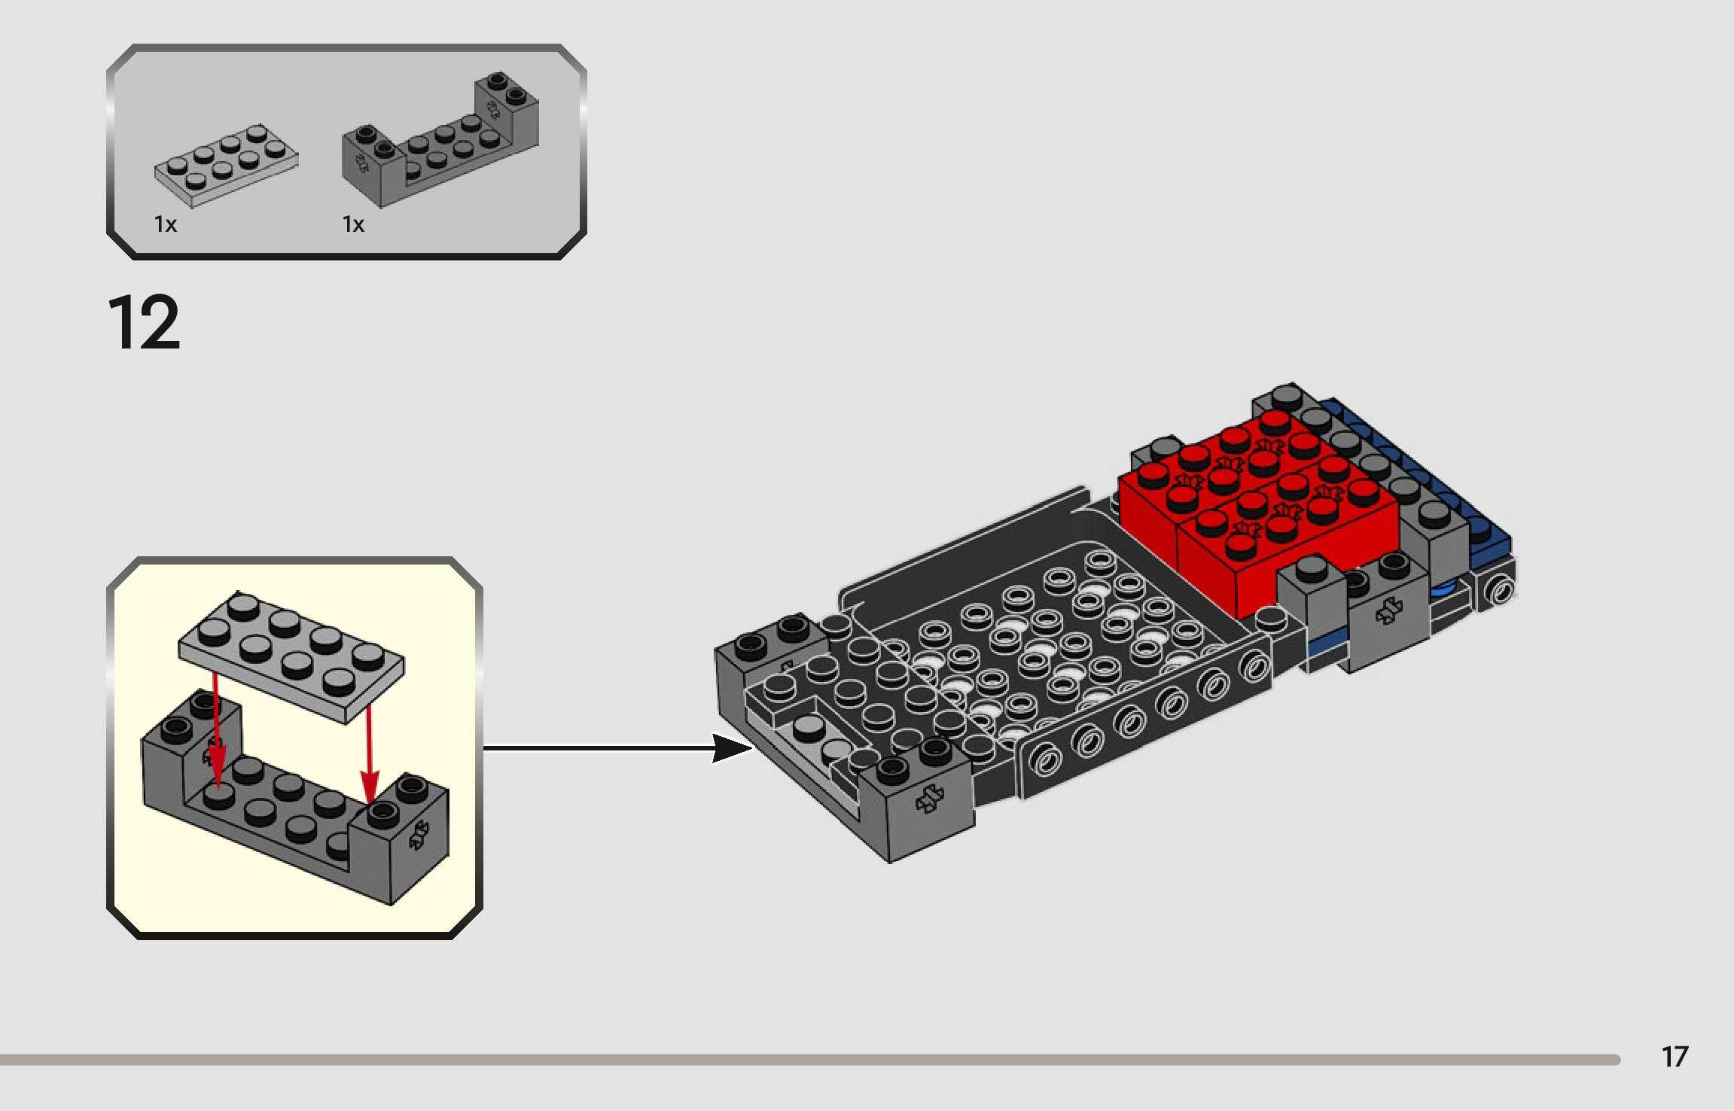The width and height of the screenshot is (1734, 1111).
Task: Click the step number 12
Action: (x=144, y=323)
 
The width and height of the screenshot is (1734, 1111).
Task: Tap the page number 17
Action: (x=1675, y=1057)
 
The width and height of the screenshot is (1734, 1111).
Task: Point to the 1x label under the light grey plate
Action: (x=166, y=224)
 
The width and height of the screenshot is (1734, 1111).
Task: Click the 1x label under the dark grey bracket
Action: (x=353, y=224)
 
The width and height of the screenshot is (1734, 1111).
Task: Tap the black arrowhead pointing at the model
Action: (x=732, y=748)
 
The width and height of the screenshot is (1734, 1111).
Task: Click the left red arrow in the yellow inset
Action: (x=216, y=730)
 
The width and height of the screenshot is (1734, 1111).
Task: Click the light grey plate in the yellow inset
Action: (x=291, y=657)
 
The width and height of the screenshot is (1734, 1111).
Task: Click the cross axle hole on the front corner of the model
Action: (x=931, y=799)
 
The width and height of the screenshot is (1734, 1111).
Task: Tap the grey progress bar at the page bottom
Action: (x=810, y=1060)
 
